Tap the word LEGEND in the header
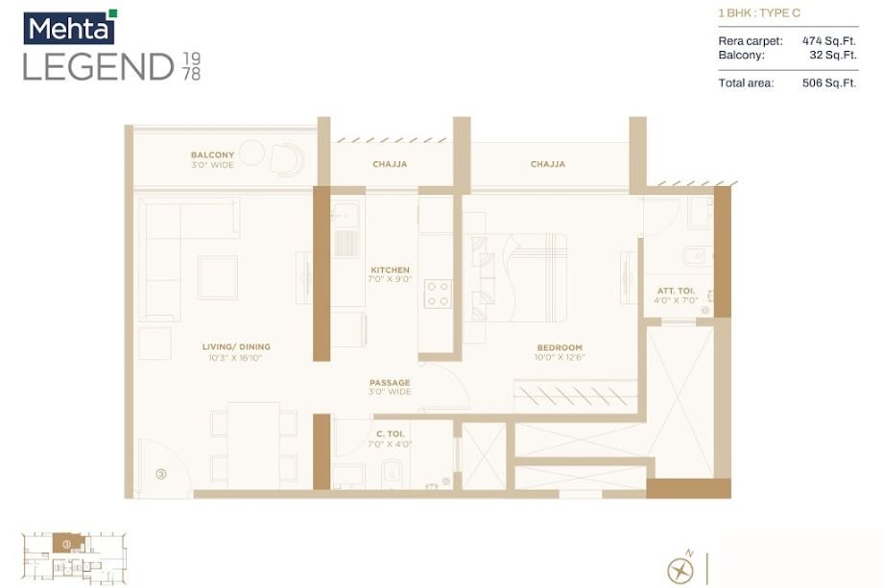point(98,67)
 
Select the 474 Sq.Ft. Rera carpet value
point(828,41)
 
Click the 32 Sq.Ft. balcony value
point(832,55)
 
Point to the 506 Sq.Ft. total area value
point(828,83)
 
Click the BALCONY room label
point(212,154)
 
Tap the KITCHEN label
point(390,270)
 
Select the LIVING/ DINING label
point(236,346)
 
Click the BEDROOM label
point(560,347)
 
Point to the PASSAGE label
point(390,382)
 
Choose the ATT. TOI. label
point(676,291)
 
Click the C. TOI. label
point(389,435)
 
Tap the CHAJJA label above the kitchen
point(390,164)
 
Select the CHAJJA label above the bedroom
point(548,164)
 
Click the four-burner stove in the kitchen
point(438,293)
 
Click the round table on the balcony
point(251,153)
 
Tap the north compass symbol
point(680,569)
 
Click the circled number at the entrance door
point(161,473)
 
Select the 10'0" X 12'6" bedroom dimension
point(560,358)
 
